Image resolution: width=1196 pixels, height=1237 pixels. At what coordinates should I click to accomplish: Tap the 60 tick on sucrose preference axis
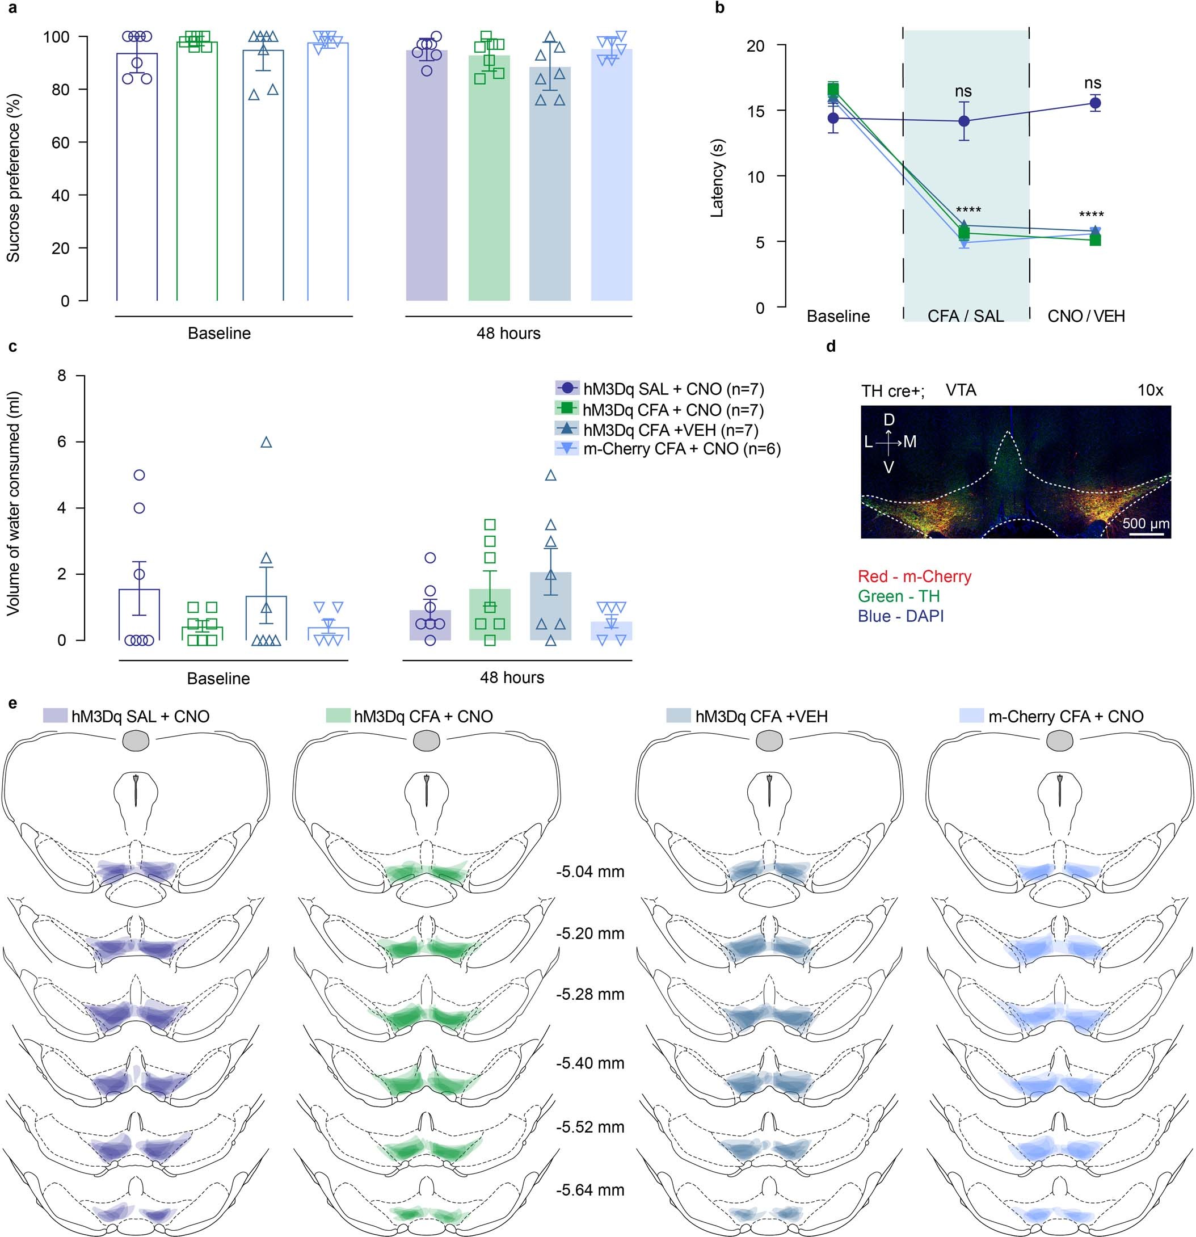(x=61, y=142)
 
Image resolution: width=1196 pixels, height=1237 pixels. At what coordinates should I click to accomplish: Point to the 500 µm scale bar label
(x=1146, y=523)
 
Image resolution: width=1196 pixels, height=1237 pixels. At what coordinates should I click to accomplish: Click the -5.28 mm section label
(x=590, y=995)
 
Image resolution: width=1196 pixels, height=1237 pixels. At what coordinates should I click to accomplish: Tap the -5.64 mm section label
(x=590, y=1190)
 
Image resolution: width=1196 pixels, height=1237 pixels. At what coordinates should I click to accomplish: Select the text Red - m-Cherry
(x=914, y=576)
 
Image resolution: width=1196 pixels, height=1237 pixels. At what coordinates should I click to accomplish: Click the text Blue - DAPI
(x=900, y=616)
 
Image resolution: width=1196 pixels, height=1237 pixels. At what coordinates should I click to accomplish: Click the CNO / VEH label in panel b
(x=1085, y=315)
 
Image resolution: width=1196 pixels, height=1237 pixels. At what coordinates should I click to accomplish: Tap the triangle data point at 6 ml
(x=266, y=443)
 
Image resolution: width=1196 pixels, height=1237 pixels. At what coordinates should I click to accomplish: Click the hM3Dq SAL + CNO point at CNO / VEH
(x=1095, y=103)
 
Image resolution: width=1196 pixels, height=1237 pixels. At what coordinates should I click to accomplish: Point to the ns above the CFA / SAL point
(x=963, y=91)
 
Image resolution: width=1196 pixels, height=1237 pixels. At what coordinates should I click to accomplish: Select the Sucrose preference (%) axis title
(x=14, y=178)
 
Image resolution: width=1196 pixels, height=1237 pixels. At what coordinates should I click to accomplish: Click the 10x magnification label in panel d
(x=1150, y=390)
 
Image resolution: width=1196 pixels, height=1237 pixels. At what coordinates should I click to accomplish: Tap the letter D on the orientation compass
(x=888, y=420)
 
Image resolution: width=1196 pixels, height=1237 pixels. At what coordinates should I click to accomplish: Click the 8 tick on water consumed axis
(x=61, y=376)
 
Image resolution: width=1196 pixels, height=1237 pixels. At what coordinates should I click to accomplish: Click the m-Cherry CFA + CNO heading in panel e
(x=1066, y=716)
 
